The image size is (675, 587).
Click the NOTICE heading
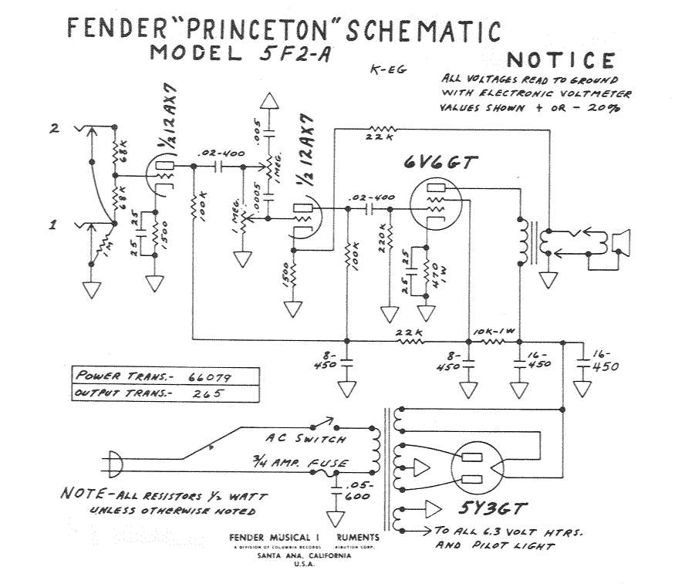click(561, 60)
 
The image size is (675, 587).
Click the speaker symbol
click(619, 241)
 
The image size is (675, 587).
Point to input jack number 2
click(55, 130)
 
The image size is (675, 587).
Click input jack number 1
click(55, 225)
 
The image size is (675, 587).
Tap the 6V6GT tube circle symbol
click(439, 203)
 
